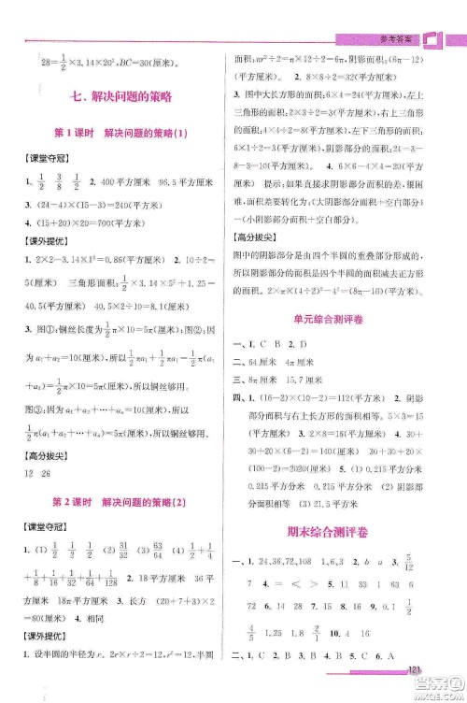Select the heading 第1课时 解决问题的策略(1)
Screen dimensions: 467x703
(120, 134)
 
